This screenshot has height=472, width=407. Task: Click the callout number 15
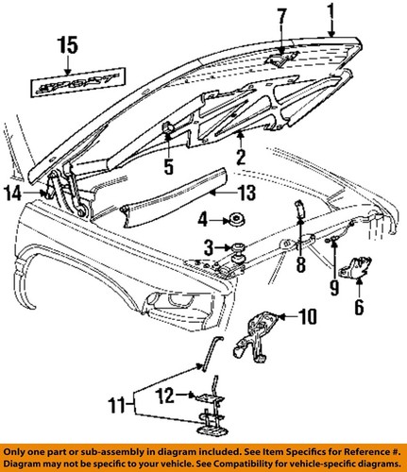pyautogui.click(x=68, y=46)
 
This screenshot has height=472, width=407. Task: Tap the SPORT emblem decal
pyautogui.click(x=77, y=82)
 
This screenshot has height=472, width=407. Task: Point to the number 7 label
pyautogui.click(x=281, y=21)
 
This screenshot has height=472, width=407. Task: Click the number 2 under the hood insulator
pyautogui.click(x=241, y=156)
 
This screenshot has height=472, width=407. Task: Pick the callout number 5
pyautogui.click(x=169, y=165)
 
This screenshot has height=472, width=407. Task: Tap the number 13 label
pyautogui.click(x=246, y=193)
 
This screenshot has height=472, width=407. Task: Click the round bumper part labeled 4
pyautogui.click(x=237, y=219)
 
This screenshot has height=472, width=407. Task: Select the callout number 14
pyautogui.click(x=13, y=194)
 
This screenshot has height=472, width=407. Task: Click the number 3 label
pyautogui.click(x=209, y=248)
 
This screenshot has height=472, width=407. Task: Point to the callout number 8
pyautogui.click(x=301, y=263)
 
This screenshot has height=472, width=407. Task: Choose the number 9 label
pyautogui.click(x=334, y=287)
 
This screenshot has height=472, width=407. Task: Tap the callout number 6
pyautogui.click(x=359, y=307)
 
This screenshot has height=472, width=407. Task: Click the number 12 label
pyautogui.click(x=164, y=396)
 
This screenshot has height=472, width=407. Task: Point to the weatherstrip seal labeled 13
pyautogui.click(x=173, y=197)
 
